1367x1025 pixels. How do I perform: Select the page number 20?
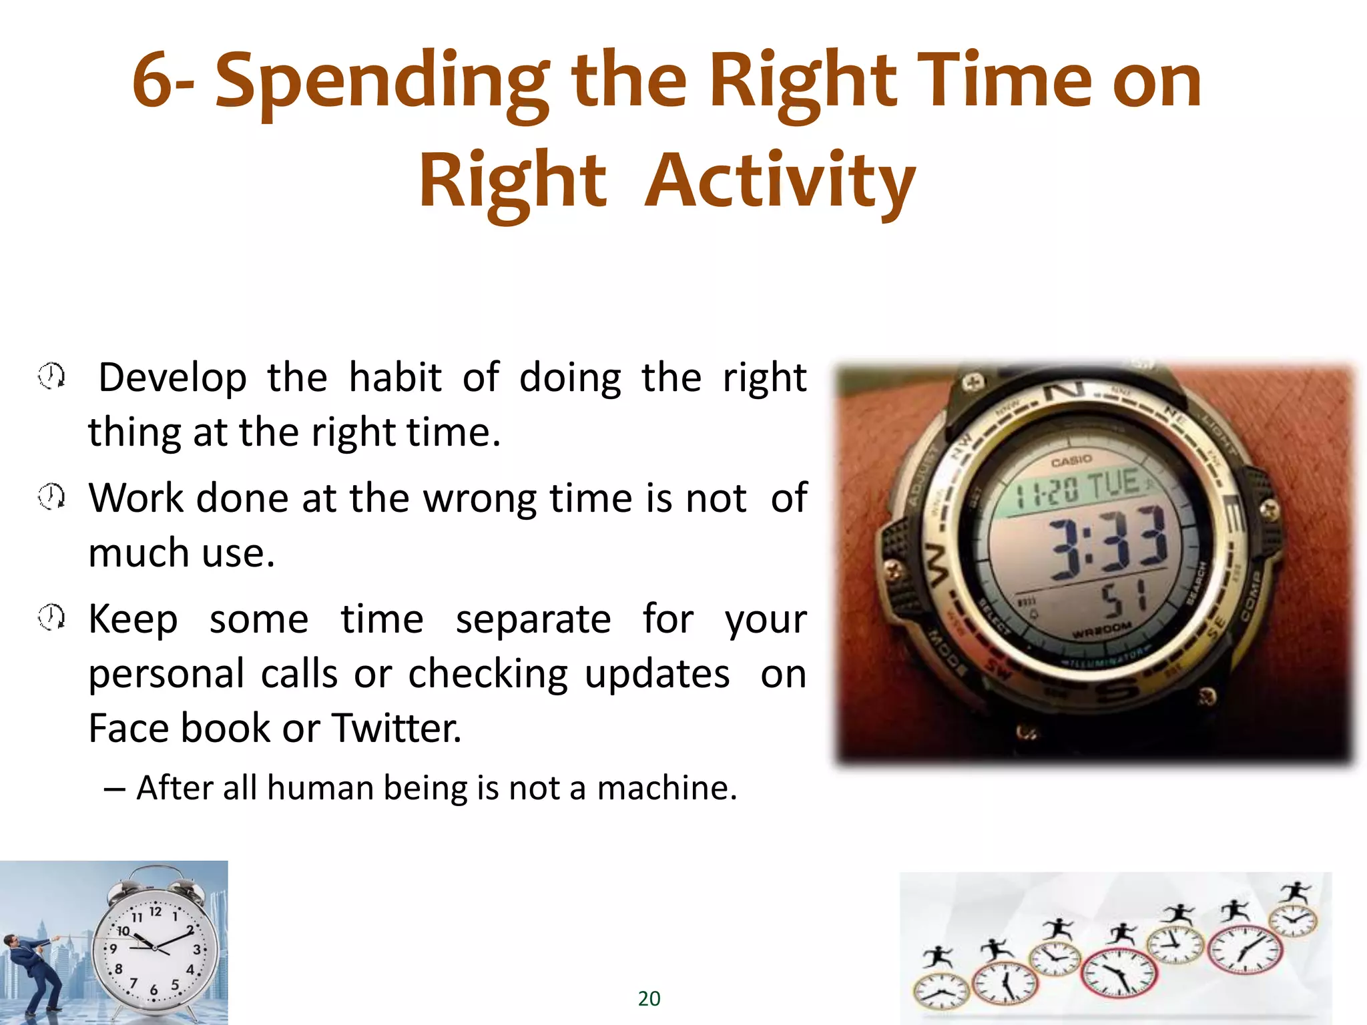(x=649, y=998)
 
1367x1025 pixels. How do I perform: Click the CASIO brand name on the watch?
(x=1071, y=461)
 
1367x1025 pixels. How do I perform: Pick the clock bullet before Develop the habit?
(x=51, y=376)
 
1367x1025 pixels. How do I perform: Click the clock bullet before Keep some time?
(x=51, y=617)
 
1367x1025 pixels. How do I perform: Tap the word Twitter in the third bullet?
(x=395, y=727)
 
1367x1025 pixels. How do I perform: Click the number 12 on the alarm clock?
(x=155, y=912)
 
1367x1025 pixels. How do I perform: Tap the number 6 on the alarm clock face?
(x=154, y=990)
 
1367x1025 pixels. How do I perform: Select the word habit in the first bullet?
(x=395, y=378)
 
